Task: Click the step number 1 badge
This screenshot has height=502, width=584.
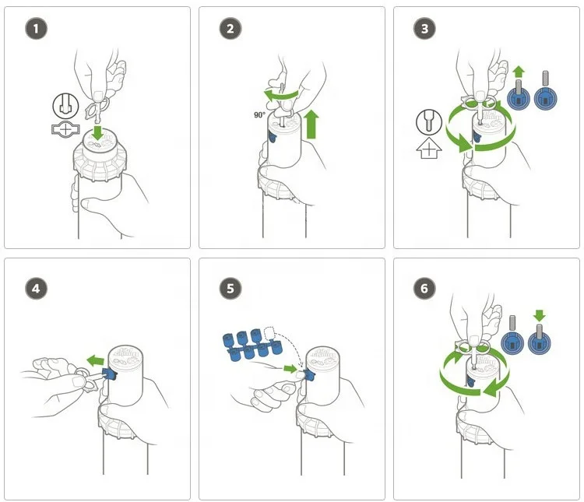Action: coord(36,28)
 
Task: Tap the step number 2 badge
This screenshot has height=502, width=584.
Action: coord(230,28)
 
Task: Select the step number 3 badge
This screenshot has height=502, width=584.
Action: coord(424,28)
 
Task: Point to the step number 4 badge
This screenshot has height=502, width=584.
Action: coord(36,288)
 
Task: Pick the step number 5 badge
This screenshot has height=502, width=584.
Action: coord(230,288)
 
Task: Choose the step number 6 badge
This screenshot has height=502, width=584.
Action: coord(424,288)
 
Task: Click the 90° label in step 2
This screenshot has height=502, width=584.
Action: coord(259,115)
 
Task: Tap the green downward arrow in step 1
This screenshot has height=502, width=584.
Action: coord(97,132)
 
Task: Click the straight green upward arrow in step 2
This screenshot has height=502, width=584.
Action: coord(311,124)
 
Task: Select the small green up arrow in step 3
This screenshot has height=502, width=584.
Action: coord(519,72)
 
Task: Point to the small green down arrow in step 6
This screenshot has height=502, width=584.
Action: coord(539,316)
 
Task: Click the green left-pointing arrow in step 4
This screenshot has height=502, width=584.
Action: coord(95,360)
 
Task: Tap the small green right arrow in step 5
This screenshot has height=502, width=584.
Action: coord(290,369)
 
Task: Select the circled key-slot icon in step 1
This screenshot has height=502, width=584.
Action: coord(65,106)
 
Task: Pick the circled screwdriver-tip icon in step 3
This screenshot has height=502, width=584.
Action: coord(429,121)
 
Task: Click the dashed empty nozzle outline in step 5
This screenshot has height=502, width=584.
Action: coord(269,334)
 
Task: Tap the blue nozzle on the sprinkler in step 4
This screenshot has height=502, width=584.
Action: coord(109,374)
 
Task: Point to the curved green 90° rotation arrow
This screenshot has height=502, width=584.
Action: coord(281,95)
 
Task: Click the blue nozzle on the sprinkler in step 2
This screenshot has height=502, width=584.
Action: coord(273,139)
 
